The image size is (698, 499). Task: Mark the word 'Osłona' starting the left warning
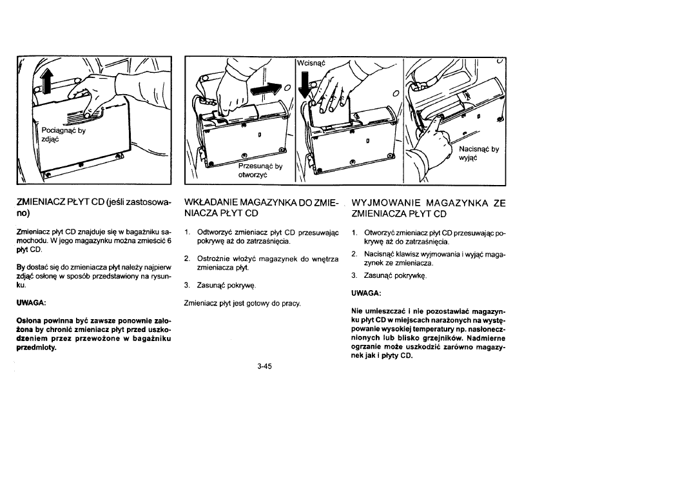[28, 322]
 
